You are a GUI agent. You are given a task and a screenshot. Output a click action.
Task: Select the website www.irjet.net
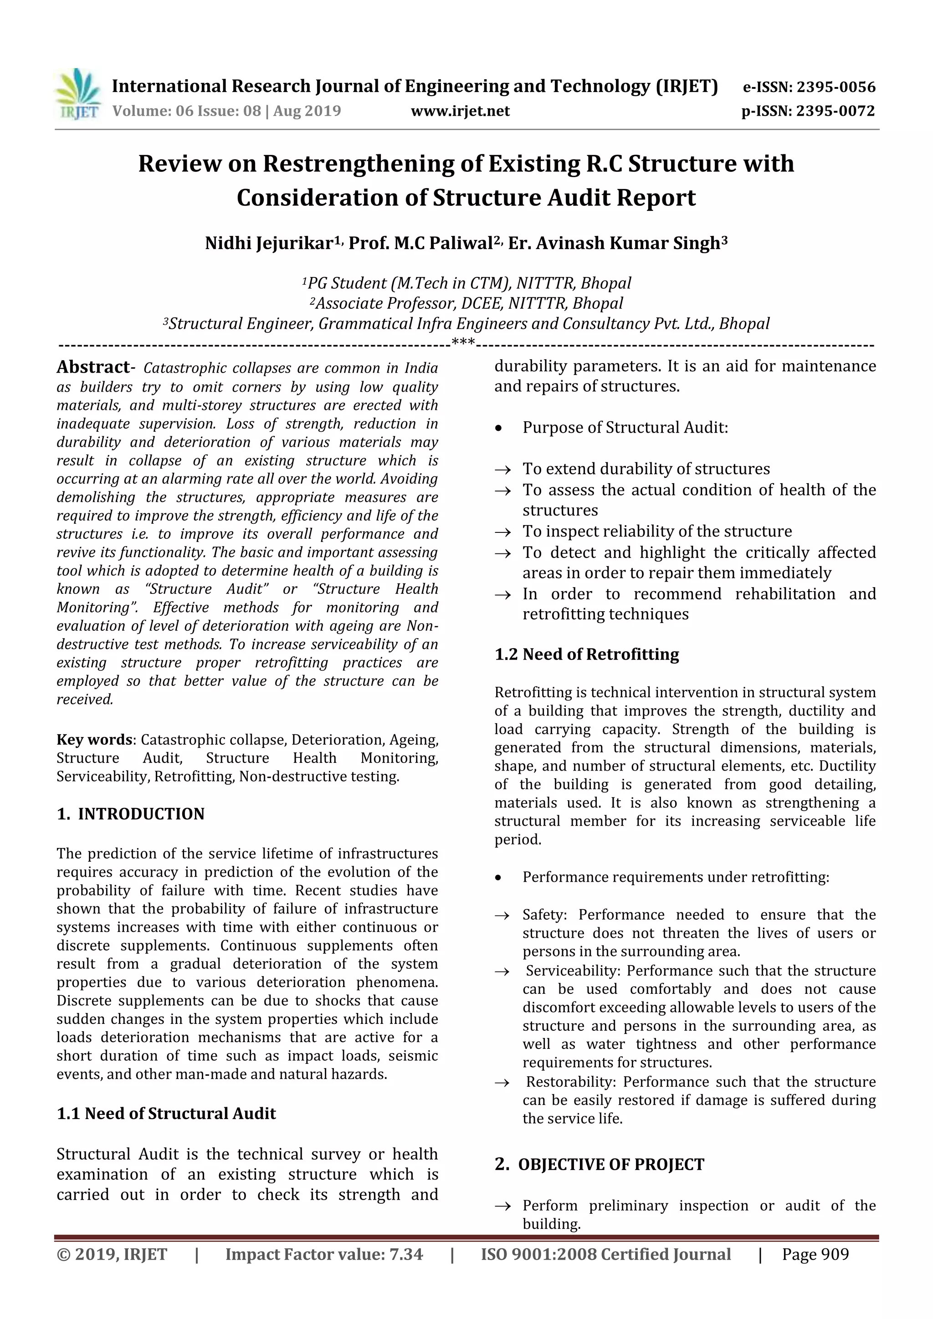(x=460, y=111)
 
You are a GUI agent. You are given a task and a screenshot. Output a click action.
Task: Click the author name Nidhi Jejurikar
(x=268, y=243)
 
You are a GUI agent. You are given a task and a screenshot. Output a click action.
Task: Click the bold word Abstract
(x=93, y=367)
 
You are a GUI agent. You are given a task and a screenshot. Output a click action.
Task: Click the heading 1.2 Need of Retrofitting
(x=587, y=654)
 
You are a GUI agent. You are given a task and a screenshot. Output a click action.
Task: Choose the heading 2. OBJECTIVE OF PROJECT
(x=599, y=1165)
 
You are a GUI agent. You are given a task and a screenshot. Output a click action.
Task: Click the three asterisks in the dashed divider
(x=463, y=343)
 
